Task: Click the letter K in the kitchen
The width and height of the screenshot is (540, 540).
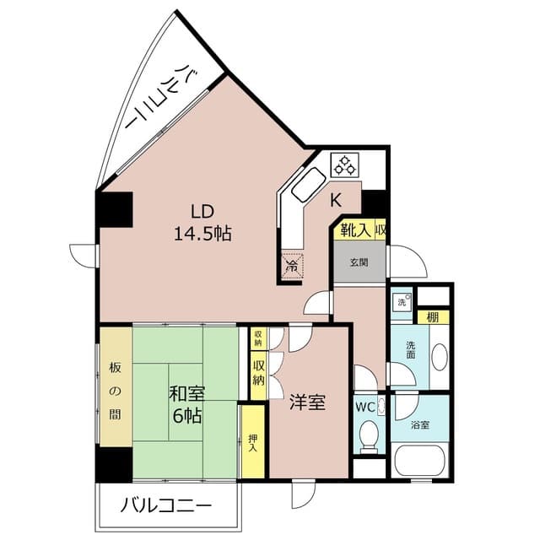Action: pos(335,201)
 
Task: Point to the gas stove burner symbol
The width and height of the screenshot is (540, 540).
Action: pos(345,164)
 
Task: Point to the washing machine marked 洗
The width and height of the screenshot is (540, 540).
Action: pos(401,300)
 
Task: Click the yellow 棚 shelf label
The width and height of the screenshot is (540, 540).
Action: pos(432,317)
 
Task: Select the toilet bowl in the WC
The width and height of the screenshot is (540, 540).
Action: pos(368,435)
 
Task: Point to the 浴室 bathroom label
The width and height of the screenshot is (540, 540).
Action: pos(419,424)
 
